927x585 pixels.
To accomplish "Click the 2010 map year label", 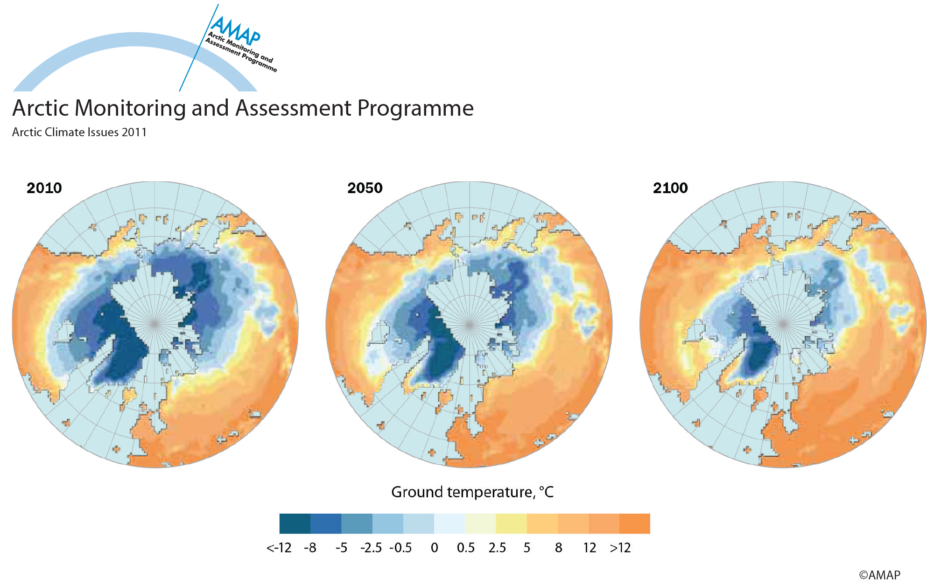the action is [44, 188].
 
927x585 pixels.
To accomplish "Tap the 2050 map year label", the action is [365, 188].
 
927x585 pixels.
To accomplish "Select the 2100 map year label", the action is [670, 188].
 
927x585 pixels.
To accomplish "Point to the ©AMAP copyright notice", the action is [880, 575].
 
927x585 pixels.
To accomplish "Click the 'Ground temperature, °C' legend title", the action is [472, 492].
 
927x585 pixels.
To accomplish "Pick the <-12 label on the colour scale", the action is [279, 548].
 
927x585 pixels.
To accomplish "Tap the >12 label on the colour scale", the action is [620, 548].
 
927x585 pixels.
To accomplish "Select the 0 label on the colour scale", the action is [435, 548].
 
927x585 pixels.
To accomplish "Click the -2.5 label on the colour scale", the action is [371, 548].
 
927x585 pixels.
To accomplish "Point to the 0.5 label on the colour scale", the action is [466, 548].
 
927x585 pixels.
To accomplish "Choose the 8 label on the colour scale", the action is [559, 548].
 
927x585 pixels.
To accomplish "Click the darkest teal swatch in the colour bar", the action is [295, 523].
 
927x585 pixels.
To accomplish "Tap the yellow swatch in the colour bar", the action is [511, 523].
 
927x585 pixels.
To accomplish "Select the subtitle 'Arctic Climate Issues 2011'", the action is [79, 132].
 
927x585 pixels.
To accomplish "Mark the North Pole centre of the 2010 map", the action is [155, 323].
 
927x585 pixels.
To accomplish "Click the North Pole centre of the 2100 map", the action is [783, 323].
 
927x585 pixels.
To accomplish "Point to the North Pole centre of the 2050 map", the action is [470, 323].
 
